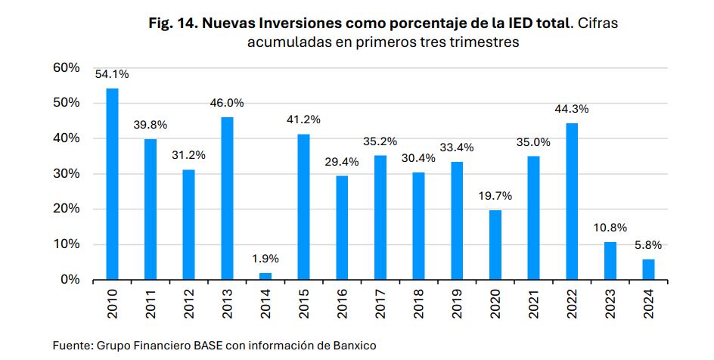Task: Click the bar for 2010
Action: coord(112,184)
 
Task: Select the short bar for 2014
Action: coord(265,276)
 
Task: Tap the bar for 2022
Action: coord(572,201)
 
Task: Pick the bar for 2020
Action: coord(495,244)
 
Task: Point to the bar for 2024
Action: coord(648,269)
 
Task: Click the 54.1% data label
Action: coord(112,74)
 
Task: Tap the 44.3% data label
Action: coord(572,109)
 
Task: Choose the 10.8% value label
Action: coord(610,227)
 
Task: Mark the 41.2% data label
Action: coord(303,119)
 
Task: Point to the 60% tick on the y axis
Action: coord(67,68)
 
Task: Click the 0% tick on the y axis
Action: coord(70,280)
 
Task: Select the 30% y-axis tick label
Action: coord(67,174)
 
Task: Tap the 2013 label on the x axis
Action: coord(228,303)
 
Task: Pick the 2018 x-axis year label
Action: coord(419,303)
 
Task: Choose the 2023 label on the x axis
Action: coord(610,303)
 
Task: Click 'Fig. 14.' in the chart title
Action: coord(182,23)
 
